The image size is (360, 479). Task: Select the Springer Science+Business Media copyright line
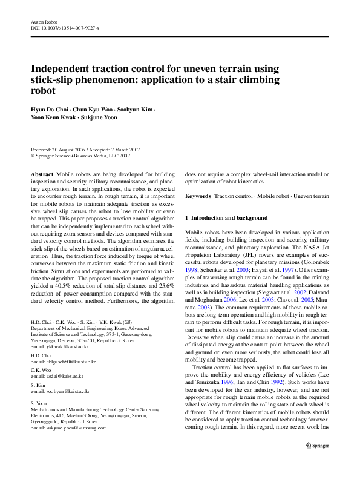[x=80, y=156]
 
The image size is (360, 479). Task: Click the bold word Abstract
[x=42, y=174]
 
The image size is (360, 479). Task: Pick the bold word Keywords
[x=198, y=197]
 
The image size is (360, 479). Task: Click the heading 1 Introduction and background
[x=226, y=218]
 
